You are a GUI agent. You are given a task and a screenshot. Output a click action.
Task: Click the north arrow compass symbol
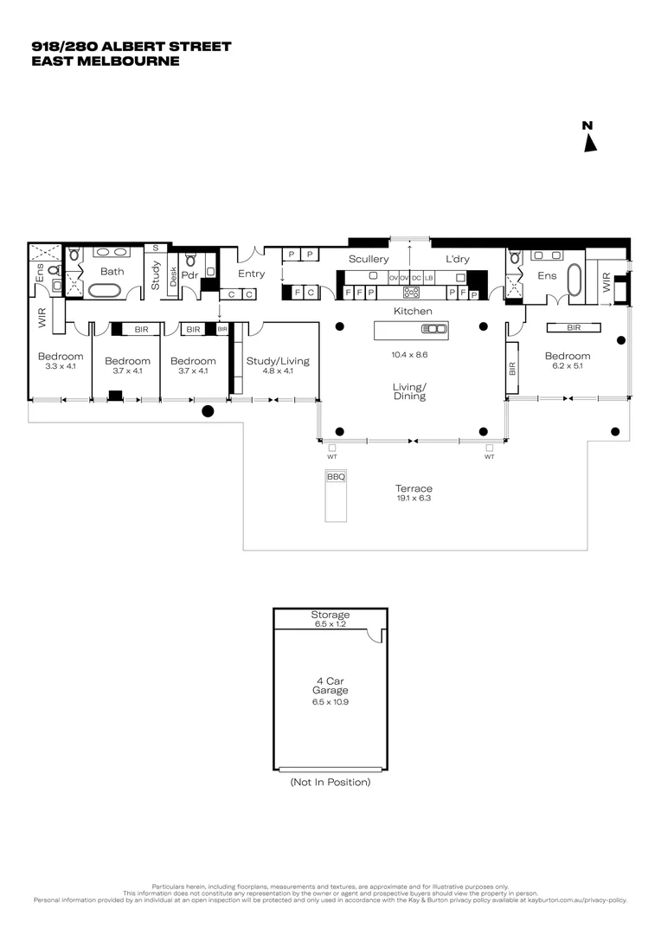(x=589, y=138)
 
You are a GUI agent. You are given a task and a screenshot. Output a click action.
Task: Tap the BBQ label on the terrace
(x=335, y=477)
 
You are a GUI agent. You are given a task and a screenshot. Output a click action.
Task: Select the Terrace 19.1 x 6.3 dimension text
(x=413, y=498)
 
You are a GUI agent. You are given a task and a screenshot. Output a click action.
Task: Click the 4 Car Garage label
(x=330, y=685)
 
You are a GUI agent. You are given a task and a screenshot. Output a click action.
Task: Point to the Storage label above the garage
(x=330, y=615)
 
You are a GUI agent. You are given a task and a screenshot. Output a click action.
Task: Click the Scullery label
(x=369, y=259)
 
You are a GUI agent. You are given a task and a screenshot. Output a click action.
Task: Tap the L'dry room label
(x=457, y=259)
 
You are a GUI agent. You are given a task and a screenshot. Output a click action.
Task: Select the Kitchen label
(x=413, y=310)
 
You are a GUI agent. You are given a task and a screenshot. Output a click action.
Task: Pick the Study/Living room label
(x=277, y=361)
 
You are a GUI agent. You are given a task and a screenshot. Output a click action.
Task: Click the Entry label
(x=252, y=274)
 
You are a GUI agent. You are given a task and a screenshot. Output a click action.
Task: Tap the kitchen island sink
(x=433, y=328)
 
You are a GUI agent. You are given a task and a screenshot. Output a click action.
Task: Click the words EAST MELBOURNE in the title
(x=105, y=61)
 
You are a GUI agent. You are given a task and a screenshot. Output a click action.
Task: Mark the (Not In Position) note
(x=330, y=782)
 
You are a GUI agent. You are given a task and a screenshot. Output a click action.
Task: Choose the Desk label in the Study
(x=173, y=277)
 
